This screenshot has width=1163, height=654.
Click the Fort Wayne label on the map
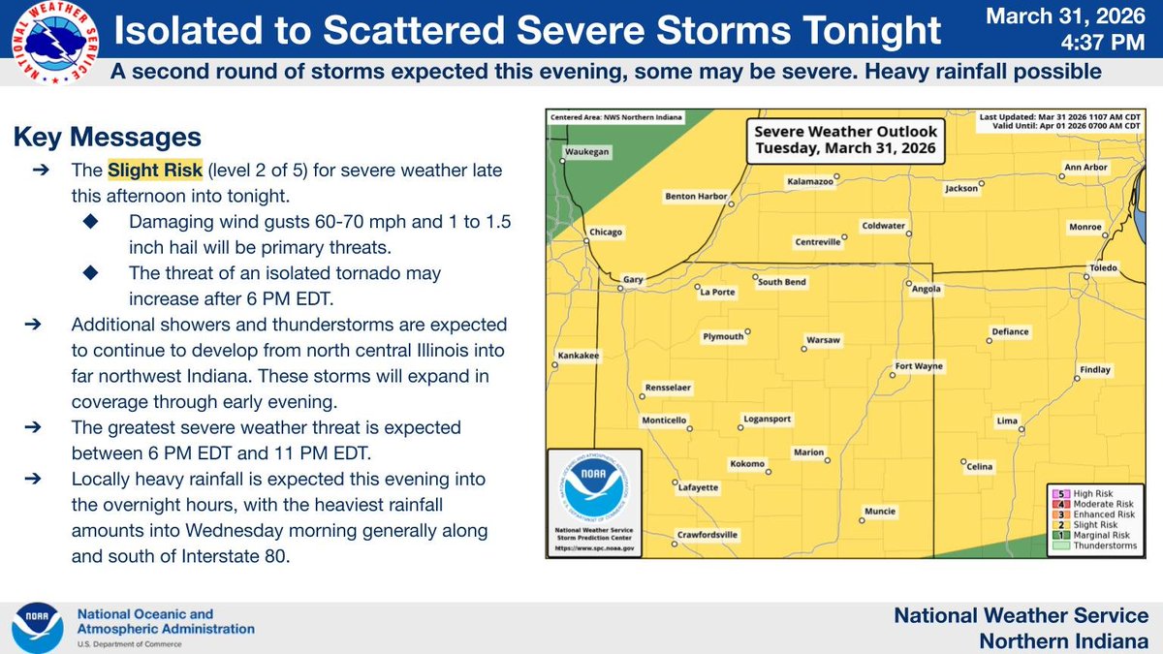(x=918, y=367)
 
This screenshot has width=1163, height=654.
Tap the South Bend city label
(x=781, y=282)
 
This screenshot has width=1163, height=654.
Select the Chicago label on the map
(x=606, y=233)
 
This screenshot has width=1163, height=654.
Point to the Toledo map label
(x=1103, y=267)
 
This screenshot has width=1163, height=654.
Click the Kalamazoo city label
(x=809, y=181)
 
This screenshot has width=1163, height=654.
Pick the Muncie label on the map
(x=880, y=512)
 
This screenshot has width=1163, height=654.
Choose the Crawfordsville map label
(x=707, y=534)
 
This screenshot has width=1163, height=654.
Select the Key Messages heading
(x=108, y=138)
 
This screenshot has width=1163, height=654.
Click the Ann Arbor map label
(x=1085, y=168)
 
